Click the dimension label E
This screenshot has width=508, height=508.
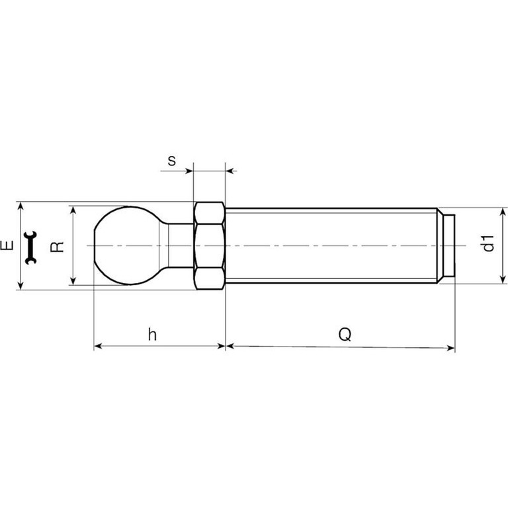(7, 245)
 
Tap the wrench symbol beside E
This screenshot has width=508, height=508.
(31, 247)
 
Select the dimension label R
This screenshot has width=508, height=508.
(58, 247)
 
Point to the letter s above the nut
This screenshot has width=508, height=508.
(172, 161)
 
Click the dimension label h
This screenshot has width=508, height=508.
(152, 334)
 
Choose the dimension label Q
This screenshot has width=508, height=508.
(345, 334)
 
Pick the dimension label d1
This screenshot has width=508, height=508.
(488, 243)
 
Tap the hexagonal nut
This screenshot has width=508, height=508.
(210, 245)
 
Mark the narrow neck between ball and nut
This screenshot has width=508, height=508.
(180, 245)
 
